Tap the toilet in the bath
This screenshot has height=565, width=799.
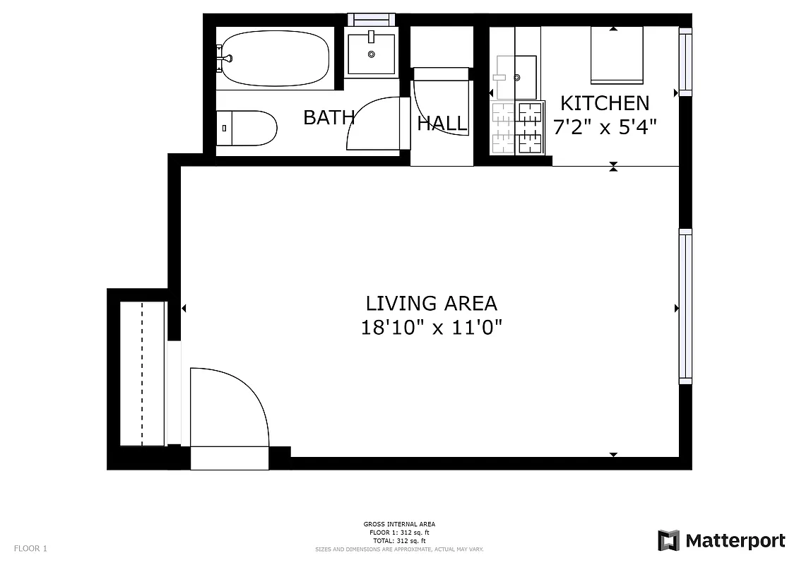pos(247,128)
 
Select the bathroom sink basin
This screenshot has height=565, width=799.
pos(372,52)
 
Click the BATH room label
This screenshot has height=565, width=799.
pos(329,117)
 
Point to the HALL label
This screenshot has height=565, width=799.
pos(442,124)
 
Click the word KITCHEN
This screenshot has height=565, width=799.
pos(604,103)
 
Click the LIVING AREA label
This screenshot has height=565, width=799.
pos(431,304)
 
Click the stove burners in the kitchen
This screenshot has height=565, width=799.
pos(518,127)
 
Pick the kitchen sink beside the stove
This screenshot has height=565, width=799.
pos(516,78)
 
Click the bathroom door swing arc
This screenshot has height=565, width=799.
pos(372,124)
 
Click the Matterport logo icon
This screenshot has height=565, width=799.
pos(668,540)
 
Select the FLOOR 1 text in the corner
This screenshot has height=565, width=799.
pos(30,548)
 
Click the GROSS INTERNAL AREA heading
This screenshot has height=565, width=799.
pos(399,524)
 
